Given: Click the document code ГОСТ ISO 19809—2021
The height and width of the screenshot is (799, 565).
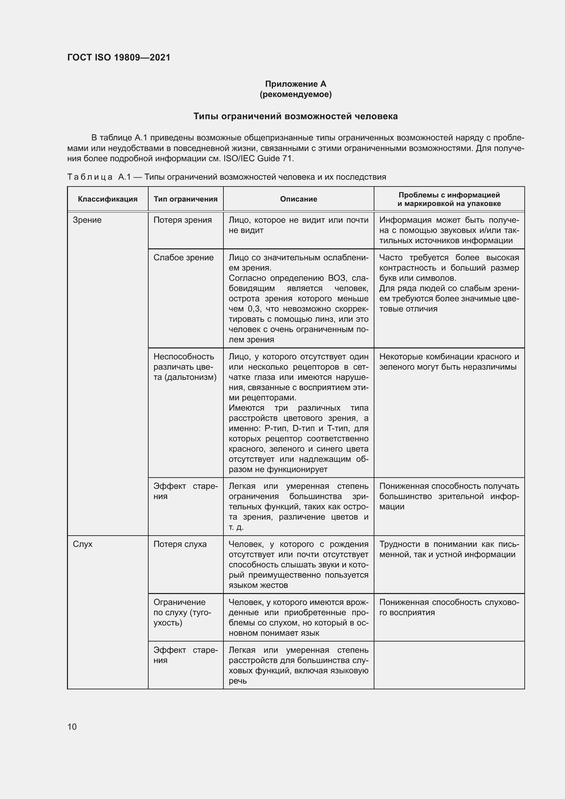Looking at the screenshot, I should coord(119,57).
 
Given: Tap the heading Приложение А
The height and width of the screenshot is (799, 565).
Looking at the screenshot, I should coord(295,84).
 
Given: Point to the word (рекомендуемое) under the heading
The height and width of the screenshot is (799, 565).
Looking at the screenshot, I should coord(295,94).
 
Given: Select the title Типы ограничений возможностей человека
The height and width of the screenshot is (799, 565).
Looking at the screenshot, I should coord(295,116).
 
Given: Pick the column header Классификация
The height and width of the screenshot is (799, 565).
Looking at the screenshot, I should coord(108,199).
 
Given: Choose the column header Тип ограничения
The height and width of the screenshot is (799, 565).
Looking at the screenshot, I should coord(185,199).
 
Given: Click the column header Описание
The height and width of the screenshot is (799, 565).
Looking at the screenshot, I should coord(298,199).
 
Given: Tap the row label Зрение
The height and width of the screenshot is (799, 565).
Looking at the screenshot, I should coord(87,220).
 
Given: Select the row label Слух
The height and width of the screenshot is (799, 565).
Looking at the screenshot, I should coord(82,544).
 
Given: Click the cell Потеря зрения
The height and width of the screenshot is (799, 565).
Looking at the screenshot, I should coord(182,220).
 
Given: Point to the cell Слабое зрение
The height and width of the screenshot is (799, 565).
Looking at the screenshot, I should coord(183,258).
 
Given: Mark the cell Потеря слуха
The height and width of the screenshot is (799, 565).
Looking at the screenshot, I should coord(180,544).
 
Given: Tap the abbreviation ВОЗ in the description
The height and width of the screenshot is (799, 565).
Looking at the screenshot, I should coord(336,278).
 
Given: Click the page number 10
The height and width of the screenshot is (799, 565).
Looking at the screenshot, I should coord(72,727).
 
